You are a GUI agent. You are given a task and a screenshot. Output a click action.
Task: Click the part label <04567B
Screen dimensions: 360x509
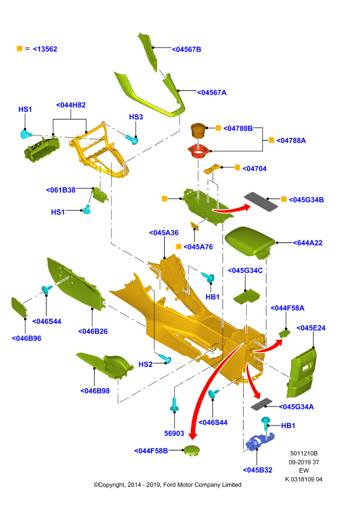186,50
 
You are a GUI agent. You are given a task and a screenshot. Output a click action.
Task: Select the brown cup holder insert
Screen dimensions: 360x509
198,131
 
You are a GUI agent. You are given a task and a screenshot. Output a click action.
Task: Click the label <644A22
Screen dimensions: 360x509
308,243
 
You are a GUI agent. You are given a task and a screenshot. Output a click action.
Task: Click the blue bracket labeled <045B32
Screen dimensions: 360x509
260,442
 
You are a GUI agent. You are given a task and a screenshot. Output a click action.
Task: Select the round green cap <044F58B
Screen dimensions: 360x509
191,450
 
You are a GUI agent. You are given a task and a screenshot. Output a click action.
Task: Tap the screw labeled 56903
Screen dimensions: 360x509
174,405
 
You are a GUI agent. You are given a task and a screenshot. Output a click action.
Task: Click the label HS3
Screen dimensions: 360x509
136,117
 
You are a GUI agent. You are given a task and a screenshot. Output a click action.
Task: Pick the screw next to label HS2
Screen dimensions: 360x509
165,358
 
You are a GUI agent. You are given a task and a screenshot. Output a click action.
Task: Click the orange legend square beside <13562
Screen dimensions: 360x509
20,48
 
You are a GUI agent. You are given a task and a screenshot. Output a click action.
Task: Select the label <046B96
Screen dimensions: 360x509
27,338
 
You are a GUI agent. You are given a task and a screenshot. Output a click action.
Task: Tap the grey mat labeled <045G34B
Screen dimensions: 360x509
261,202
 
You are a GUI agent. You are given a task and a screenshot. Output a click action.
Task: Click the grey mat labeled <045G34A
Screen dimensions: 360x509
261,404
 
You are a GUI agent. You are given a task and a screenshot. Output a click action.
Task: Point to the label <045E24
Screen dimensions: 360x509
311,328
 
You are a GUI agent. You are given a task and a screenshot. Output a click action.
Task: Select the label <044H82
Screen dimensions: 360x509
71,105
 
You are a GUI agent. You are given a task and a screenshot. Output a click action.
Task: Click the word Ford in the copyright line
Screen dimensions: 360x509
170,485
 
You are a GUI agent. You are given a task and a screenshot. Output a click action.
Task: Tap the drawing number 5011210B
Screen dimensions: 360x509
304,454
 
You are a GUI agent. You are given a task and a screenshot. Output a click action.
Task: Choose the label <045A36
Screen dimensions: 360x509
164,233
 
